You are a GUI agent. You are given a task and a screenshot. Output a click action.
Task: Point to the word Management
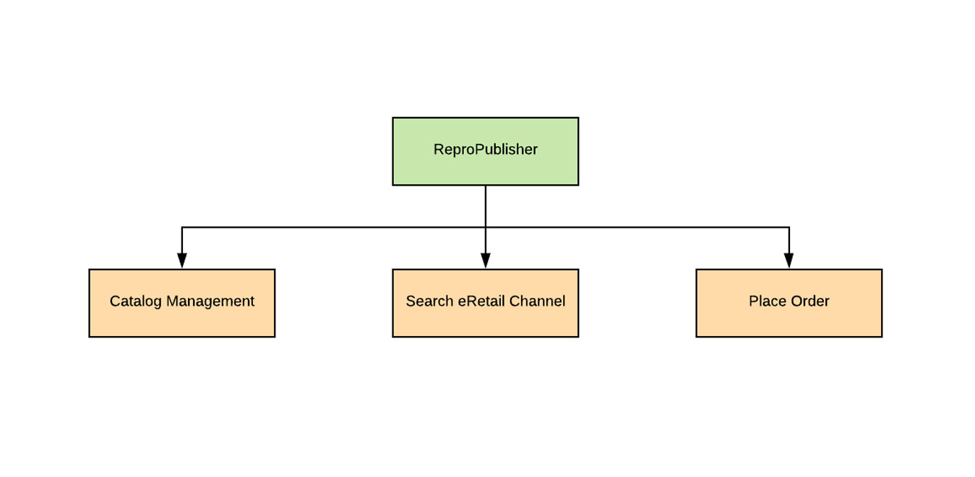click(x=210, y=301)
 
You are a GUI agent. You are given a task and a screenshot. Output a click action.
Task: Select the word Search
click(x=429, y=301)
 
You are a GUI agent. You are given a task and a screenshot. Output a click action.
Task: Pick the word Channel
click(x=538, y=301)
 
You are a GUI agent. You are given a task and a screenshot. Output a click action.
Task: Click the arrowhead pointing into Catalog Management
click(x=182, y=261)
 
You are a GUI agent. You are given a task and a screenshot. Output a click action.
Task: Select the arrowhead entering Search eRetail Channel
click(x=486, y=261)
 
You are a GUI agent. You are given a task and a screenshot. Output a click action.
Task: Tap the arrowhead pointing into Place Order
click(x=789, y=261)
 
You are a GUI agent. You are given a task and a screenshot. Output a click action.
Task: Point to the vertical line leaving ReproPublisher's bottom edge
click(x=486, y=206)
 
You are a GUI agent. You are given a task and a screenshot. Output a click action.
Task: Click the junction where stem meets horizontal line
click(x=486, y=228)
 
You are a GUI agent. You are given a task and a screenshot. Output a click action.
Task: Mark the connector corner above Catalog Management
click(x=182, y=228)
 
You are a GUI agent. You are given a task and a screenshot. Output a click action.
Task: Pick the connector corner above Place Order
click(x=789, y=228)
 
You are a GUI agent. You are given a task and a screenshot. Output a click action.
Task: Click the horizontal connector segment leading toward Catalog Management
click(x=332, y=228)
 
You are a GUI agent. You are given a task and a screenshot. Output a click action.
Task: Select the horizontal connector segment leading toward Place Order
click(x=636, y=228)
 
